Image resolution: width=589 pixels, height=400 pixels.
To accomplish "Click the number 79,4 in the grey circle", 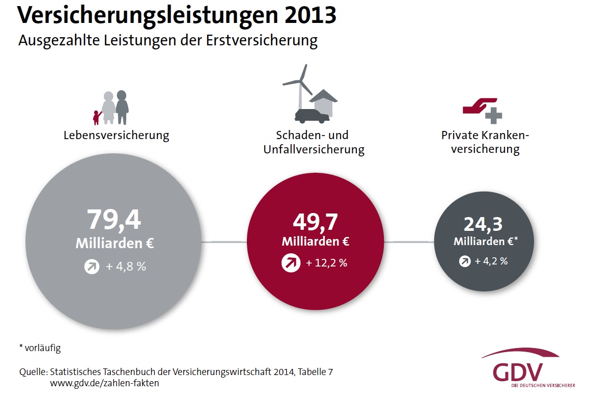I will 114,220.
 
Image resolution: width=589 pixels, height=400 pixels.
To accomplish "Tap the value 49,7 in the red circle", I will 315,222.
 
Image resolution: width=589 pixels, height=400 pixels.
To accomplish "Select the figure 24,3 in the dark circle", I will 483,224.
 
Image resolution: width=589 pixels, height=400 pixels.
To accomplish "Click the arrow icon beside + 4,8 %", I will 92,266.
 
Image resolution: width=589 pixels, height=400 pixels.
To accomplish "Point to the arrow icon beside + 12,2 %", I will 291,263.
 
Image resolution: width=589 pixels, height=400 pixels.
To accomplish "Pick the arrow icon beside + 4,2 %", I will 465,261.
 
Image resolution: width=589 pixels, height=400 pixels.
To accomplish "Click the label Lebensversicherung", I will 116,136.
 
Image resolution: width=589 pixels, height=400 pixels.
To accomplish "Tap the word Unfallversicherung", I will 314,150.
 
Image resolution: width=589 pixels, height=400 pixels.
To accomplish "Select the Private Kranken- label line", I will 485,136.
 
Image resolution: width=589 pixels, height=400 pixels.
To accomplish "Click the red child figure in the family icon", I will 96,117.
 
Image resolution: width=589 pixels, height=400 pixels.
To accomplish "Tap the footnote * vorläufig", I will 40,349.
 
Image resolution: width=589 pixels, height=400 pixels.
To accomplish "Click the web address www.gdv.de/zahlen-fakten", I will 104,383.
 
